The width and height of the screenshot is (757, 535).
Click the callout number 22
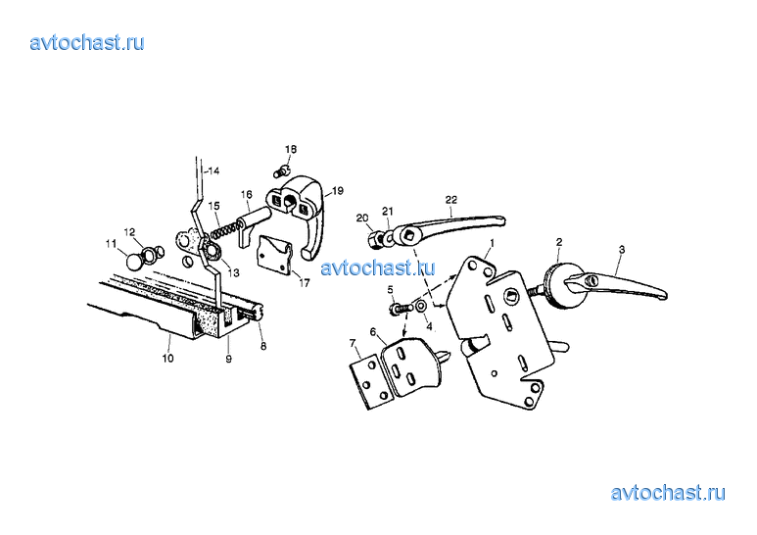(450, 200)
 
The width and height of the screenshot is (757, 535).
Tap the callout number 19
(338, 191)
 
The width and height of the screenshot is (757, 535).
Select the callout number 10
(167, 359)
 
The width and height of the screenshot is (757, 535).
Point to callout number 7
(353, 343)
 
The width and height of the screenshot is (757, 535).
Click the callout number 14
(213, 170)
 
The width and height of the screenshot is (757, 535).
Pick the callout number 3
(622, 249)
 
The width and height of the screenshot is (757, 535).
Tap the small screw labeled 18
(280, 170)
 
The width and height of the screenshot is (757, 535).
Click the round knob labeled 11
(134, 262)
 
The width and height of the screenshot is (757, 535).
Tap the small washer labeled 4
(420, 306)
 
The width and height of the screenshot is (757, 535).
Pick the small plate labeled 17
(275, 255)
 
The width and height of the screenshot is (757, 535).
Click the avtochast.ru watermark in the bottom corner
(668, 494)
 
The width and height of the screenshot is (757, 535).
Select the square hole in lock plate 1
(511, 296)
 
